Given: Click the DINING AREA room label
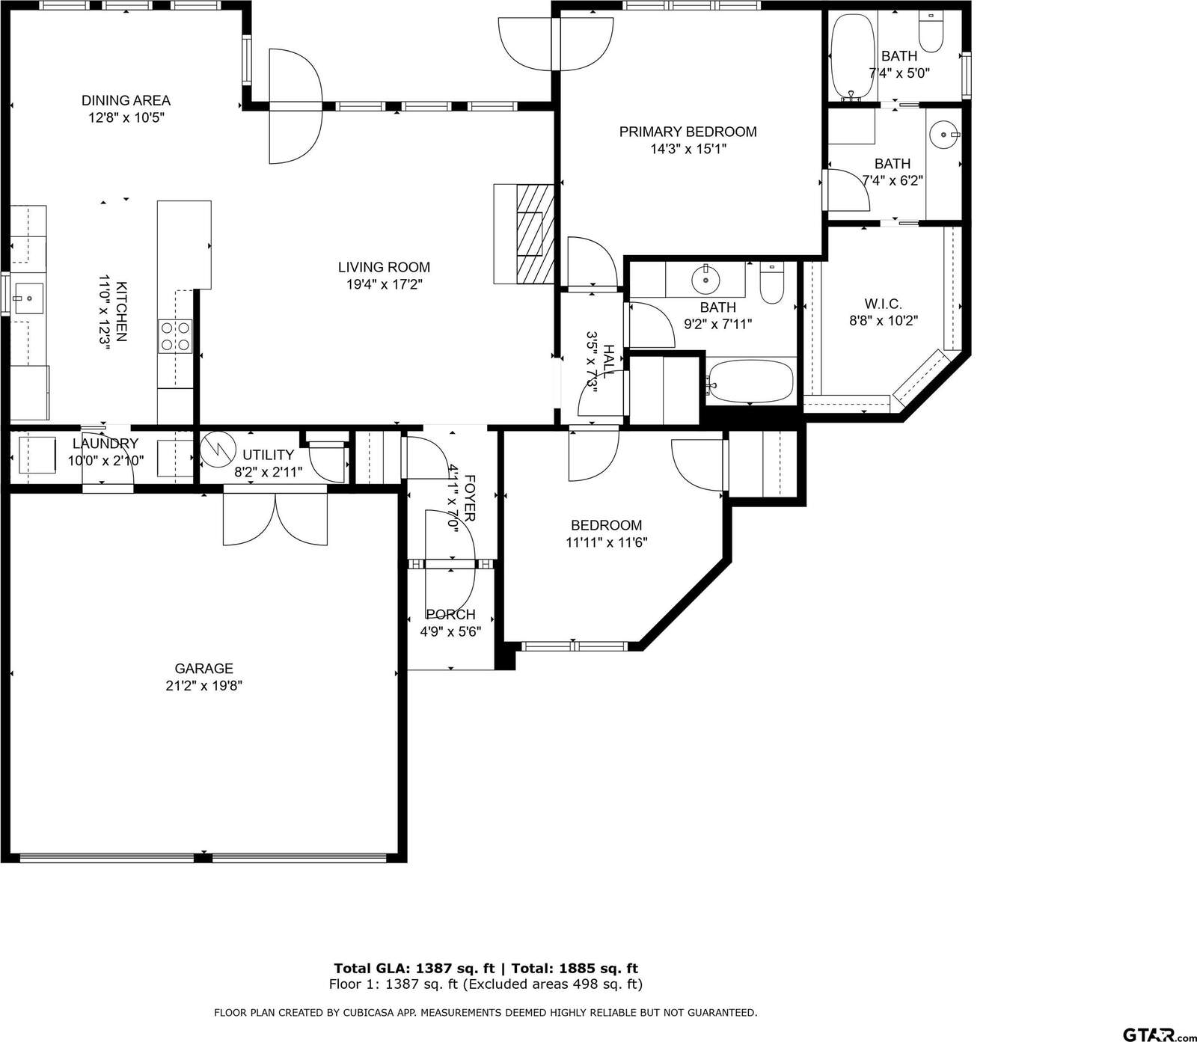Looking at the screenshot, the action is pyautogui.click(x=126, y=100).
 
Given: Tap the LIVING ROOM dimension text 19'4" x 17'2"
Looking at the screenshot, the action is pyautogui.click(x=384, y=284).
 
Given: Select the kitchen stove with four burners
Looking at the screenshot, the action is pyautogui.click(x=174, y=336).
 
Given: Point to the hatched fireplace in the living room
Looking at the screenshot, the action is pyautogui.click(x=535, y=234).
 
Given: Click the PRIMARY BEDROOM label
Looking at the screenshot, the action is pyautogui.click(x=688, y=132).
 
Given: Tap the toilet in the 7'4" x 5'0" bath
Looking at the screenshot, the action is pyautogui.click(x=931, y=32).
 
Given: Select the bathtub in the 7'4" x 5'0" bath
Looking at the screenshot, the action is pyautogui.click(x=853, y=56).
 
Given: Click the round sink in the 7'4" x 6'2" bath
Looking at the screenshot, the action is pyautogui.click(x=944, y=135).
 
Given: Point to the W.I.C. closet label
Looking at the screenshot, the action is pyautogui.click(x=883, y=304).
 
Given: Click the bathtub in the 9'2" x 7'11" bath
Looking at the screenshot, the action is pyautogui.click(x=750, y=382).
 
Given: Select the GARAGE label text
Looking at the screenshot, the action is pyautogui.click(x=204, y=669).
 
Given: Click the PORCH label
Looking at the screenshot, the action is pyautogui.click(x=450, y=614).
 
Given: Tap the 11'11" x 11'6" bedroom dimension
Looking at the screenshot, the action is pyautogui.click(x=606, y=542).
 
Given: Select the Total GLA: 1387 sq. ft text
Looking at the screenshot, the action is pyautogui.click(x=414, y=969).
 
